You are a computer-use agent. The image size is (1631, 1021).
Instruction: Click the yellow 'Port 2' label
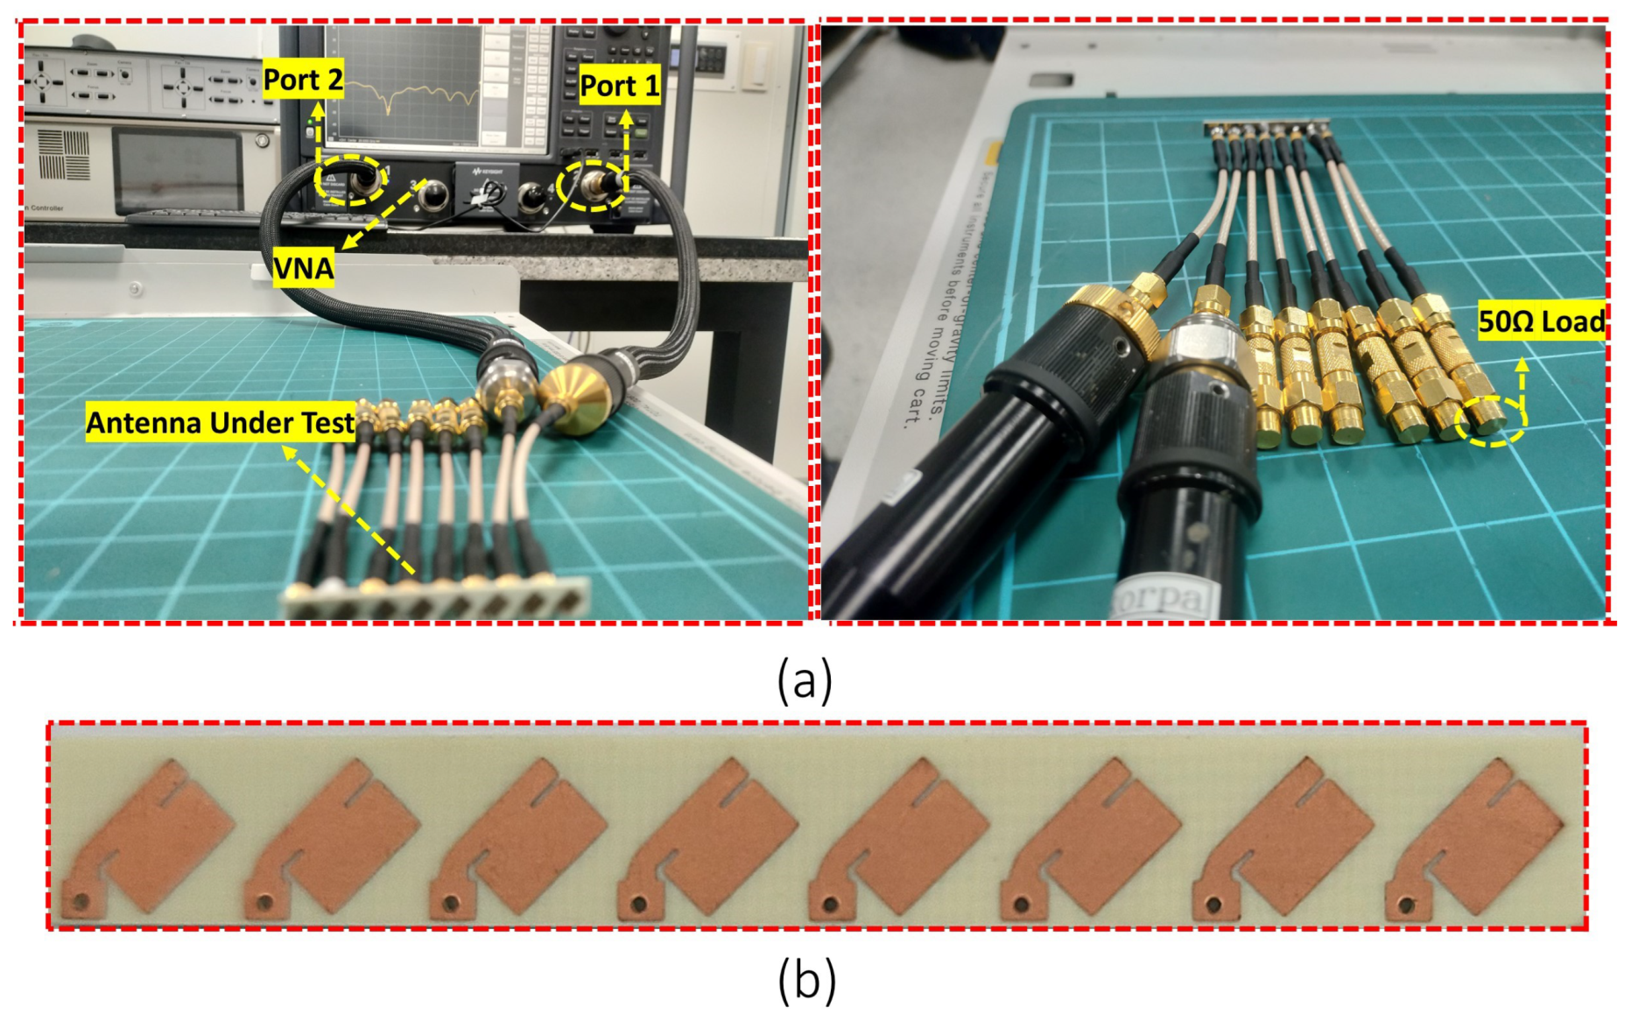[x=303, y=80]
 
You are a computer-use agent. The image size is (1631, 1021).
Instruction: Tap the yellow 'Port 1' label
[x=619, y=86]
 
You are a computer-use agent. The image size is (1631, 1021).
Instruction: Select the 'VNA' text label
[x=303, y=269]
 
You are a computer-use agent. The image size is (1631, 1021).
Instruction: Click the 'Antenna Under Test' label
[x=220, y=423]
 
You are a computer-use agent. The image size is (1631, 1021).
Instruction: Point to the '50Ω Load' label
[x=1541, y=321]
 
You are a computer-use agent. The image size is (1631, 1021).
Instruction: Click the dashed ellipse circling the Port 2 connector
[x=349, y=180]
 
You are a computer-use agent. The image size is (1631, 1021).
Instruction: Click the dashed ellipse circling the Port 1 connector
[x=593, y=186]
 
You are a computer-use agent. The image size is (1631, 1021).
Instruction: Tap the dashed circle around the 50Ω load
[x=1490, y=421]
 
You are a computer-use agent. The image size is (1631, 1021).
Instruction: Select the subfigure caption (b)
[x=805, y=981]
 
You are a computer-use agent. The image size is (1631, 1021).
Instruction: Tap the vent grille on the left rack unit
[x=63, y=154]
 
